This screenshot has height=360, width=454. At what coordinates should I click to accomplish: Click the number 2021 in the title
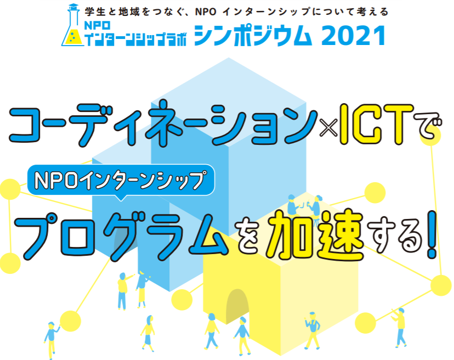click(x=353, y=36)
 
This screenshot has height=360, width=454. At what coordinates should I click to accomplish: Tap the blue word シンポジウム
click(x=253, y=36)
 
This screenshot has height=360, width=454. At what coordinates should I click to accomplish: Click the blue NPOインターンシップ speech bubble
click(x=121, y=182)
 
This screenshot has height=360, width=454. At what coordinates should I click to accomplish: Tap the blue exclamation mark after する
click(x=432, y=234)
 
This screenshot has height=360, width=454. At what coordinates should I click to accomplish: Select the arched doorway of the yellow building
click(x=237, y=305)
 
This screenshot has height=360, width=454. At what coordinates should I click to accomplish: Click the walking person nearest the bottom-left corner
click(x=52, y=340)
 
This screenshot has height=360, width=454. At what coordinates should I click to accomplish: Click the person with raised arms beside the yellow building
click(x=313, y=330)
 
